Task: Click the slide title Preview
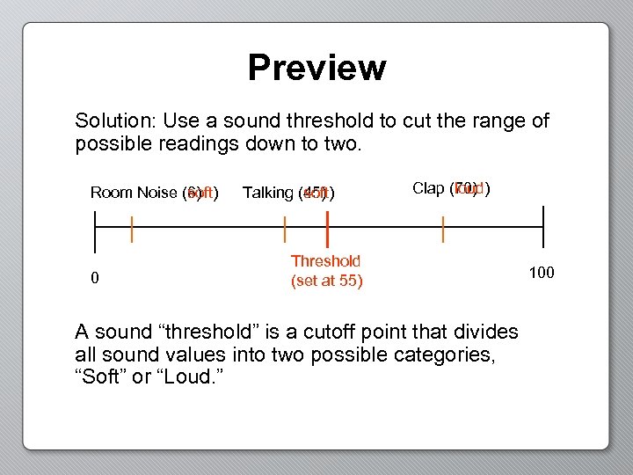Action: click(316, 68)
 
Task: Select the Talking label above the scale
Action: click(268, 192)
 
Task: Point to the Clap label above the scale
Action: click(429, 188)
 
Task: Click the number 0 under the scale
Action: click(95, 279)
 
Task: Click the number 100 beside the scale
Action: click(541, 273)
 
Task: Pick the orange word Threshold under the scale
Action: click(325, 261)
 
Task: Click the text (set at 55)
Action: click(326, 281)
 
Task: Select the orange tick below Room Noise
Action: click(132, 230)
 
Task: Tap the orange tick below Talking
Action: click(285, 230)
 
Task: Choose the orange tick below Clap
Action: click(443, 230)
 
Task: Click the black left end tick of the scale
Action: click(95, 228)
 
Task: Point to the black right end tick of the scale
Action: click(543, 228)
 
